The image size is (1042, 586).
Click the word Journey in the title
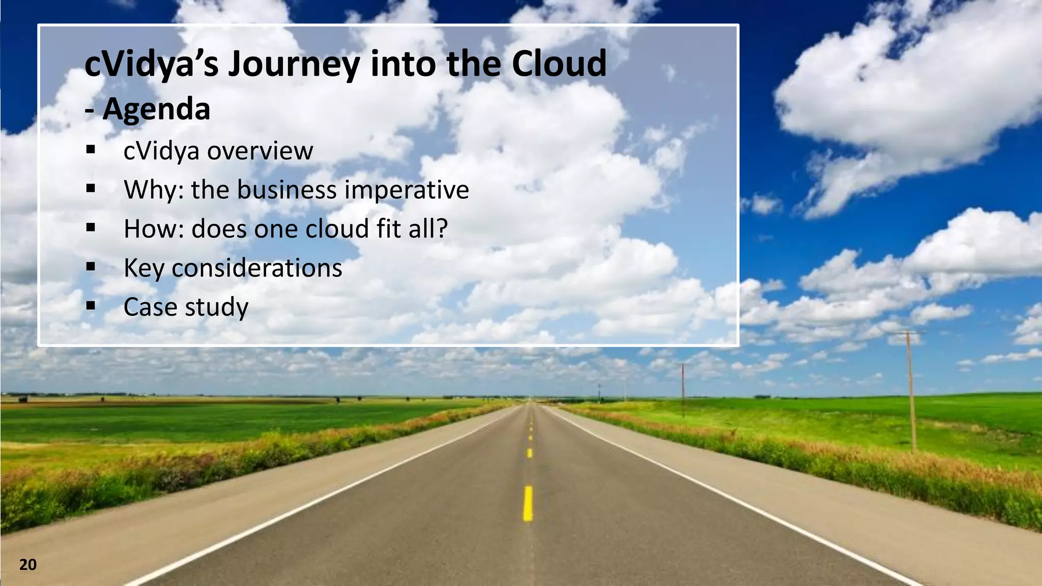click(294, 64)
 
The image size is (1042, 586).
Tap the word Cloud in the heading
click(559, 64)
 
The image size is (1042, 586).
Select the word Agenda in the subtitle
click(156, 109)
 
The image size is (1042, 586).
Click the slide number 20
click(28, 565)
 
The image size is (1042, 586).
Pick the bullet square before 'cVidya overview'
click(91, 150)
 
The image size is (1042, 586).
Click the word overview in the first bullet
click(260, 151)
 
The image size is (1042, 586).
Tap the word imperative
click(407, 190)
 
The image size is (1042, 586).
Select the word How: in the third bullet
click(153, 229)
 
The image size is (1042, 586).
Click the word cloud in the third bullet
click(337, 229)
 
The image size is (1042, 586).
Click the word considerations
click(257, 268)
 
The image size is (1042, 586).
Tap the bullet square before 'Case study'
click(91, 306)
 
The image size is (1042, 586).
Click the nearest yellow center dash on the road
click(528, 503)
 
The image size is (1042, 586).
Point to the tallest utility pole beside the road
click(911, 392)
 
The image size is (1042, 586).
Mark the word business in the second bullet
click(286, 190)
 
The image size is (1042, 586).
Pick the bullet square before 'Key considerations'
click(91, 267)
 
